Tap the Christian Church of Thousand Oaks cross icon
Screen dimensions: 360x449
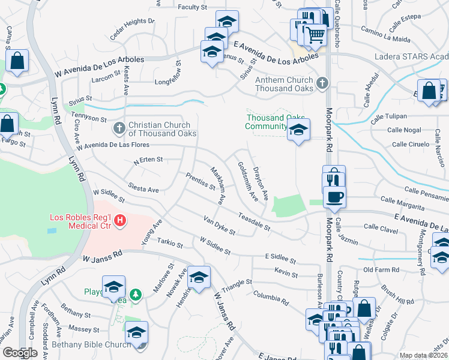coord(119,128)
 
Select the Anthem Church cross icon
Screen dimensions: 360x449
coord(322,83)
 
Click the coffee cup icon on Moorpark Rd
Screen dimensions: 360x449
coord(334,196)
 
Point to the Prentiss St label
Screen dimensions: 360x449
coord(200,182)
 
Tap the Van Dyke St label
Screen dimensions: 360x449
coord(219,225)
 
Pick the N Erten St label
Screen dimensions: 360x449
coord(148,160)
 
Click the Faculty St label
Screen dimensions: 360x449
coord(192,7)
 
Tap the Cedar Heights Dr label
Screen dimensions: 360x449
coord(133,28)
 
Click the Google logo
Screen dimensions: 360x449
coord(20,353)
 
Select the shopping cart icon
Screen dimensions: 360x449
coord(315,36)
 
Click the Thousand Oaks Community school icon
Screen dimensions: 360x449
coord(298,130)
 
